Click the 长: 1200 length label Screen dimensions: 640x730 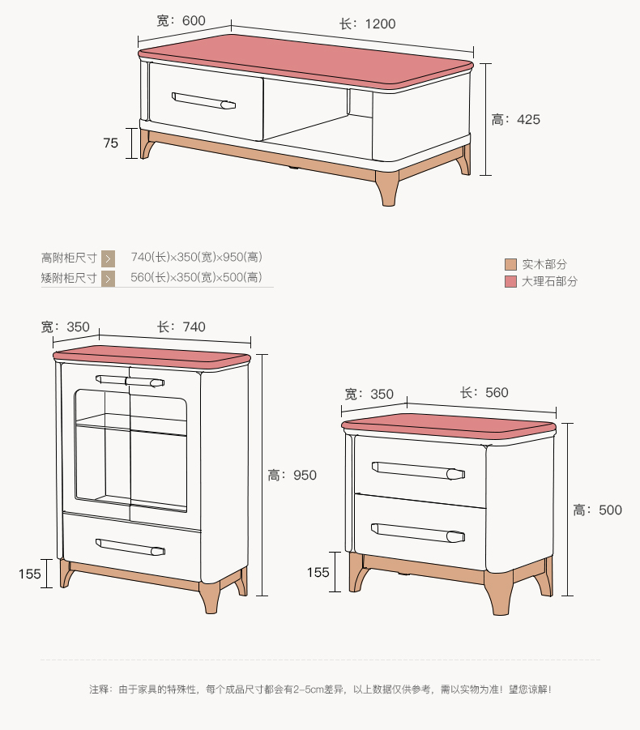click(x=367, y=23)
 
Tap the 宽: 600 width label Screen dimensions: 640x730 click(x=181, y=20)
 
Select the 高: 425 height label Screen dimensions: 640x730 click(x=516, y=120)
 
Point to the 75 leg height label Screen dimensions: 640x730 click(x=111, y=143)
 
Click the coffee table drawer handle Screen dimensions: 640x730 click(x=203, y=100)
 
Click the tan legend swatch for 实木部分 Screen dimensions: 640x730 click(x=510, y=264)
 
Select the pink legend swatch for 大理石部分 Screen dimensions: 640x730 click(x=510, y=281)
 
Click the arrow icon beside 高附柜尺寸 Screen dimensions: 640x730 click(x=108, y=258)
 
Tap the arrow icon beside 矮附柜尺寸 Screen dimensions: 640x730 click(x=108, y=279)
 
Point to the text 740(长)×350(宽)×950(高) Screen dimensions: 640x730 click(x=196, y=257)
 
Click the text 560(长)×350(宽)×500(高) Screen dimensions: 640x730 click(x=196, y=277)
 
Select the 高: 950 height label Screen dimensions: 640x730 click(x=292, y=476)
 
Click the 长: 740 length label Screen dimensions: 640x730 click(x=181, y=327)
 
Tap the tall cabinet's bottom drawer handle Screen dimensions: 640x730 click(x=130, y=547)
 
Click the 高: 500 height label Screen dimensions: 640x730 click(x=598, y=510)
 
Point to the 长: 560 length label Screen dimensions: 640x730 click(x=484, y=392)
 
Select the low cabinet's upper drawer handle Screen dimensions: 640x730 click(x=418, y=470)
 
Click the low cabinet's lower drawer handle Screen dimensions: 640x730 click(x=418, y=533)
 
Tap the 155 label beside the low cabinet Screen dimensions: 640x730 click(x=318, y=573)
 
